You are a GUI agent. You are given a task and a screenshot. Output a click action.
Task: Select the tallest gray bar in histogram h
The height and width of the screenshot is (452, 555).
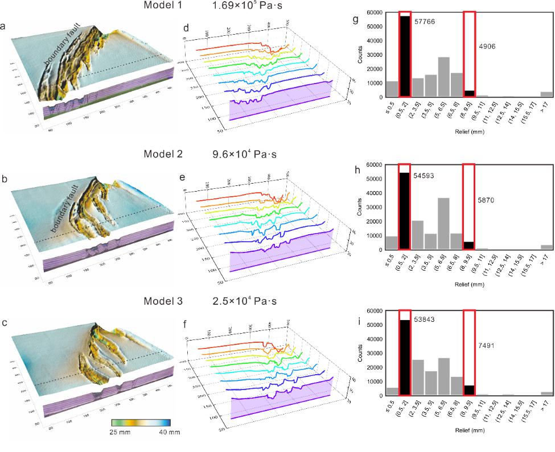click(x=444, y=223)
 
